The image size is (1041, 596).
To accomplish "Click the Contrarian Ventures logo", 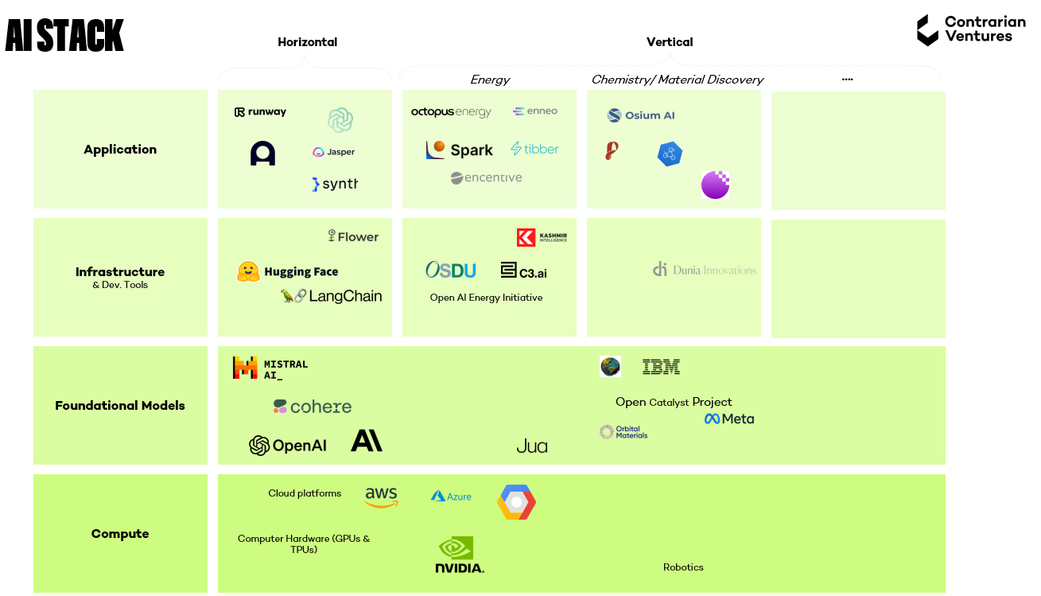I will click(970, 30).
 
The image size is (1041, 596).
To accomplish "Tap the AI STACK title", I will click(64, 36).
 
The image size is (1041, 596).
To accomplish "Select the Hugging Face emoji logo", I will click(248, 271).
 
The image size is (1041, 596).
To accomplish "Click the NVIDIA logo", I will click(459, 555).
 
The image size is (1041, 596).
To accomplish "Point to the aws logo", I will click(381, 497).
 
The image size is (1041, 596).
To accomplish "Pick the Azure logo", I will click(451, 497).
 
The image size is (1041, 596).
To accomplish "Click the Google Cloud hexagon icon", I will click(516, 502).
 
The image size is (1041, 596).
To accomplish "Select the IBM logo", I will click(661, 367).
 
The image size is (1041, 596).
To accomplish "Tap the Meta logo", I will click(728, 419).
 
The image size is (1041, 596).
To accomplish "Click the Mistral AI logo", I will click(270, 368).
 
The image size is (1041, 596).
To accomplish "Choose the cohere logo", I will click(312, 407).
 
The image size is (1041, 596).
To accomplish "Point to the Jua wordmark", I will click(531, 446).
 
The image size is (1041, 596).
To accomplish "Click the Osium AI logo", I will click(641, 115).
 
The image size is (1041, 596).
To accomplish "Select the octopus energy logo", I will click(451, 112).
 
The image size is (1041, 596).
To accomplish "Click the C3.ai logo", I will click(523, 271).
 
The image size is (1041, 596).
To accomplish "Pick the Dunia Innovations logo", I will click(704, 270).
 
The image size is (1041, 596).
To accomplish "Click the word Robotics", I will click(683, 567).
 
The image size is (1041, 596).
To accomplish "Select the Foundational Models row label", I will click(120, 406).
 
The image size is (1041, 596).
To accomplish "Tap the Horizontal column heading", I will click(307, 42).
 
